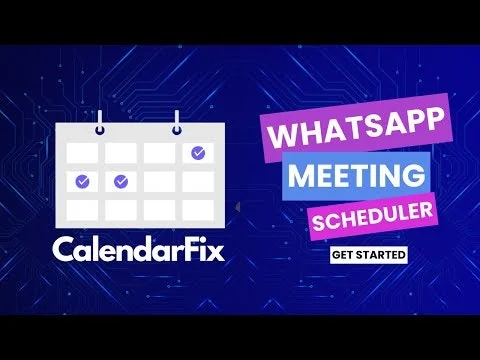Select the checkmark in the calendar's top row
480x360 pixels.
click(x=197, y=153)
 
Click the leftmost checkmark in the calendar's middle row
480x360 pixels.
click(x=82, y=181)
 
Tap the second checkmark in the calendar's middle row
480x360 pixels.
click(x=121, y=181)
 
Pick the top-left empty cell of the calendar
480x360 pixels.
click(x=82, y=153)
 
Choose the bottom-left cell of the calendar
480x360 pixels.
click(x=82, y=209)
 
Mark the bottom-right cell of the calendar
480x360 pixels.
click(x=197, y=209)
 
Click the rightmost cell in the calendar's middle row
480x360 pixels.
click(x=197, y=181)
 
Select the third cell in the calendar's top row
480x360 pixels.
click(x=159, y=153)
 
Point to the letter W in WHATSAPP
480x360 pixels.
click(x=278, y=134)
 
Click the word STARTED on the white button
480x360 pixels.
click(x=385, y=255)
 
